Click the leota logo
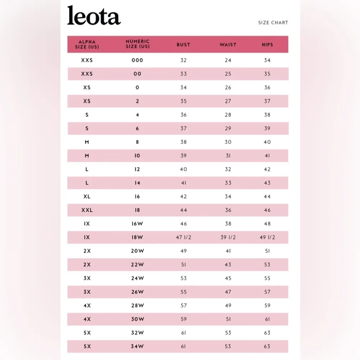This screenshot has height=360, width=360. (x=94, y=16)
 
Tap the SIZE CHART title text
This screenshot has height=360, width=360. (x=273, y=23)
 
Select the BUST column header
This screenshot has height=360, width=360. (x=183, y=45)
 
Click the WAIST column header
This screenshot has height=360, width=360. (x=228, y=45)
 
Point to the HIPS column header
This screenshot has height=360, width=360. (x=267, y=45)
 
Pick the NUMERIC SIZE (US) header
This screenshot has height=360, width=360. (x=138, y=44)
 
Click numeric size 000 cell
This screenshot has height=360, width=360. (x=138, y=60)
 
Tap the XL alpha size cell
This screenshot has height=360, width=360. (x=87, y=197)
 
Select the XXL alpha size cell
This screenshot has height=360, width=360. (x=87, y=210)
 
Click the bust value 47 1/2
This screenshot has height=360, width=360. (x=184, y=238)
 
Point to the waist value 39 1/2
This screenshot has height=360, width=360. (x=228, y=238)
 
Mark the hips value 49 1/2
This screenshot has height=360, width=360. (x=267, y=238)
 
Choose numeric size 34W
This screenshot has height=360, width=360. (x=138, y=347)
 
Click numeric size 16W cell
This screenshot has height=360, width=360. (x=138, y=224)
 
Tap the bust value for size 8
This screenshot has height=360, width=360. (x=184, y=142)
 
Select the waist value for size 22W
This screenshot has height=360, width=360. (x=228, y=265)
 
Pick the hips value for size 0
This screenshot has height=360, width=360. (x=267, y=87)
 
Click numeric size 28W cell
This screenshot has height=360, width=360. (x=138, y=306)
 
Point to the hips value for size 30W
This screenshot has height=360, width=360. (x=267, y=319)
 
